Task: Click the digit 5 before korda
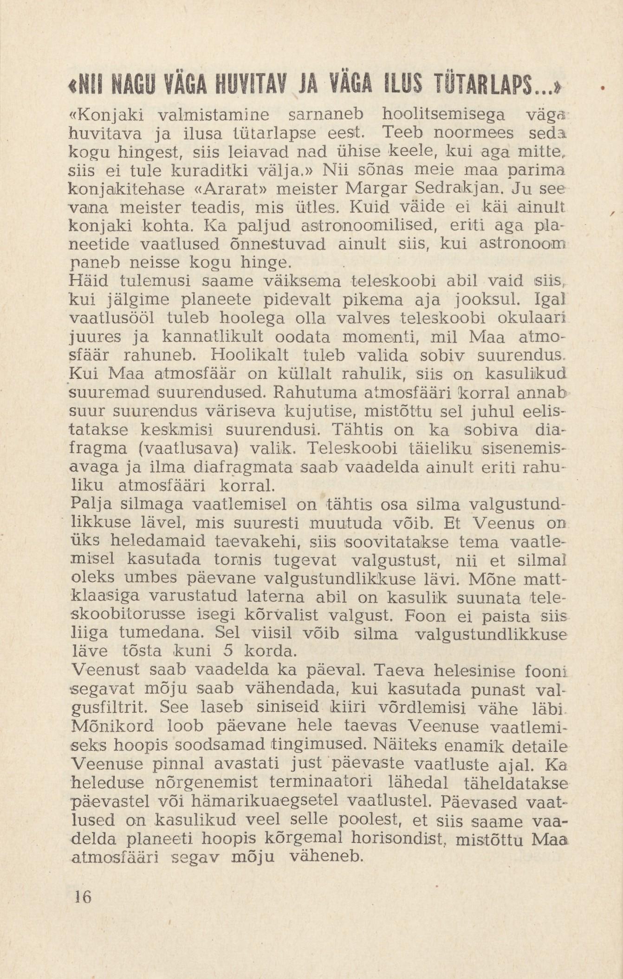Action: click(227, 651)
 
